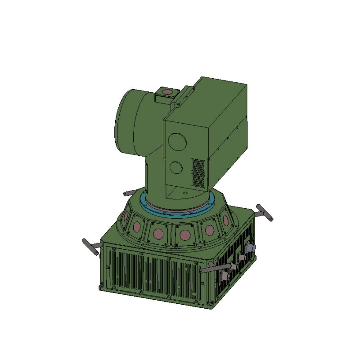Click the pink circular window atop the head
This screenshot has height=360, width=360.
point(166,92)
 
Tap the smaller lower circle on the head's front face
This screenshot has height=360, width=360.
point(176,168)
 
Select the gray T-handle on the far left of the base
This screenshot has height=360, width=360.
point(90,247)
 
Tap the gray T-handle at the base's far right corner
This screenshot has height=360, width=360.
point(265,212)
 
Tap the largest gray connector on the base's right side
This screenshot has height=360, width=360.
point(249,248)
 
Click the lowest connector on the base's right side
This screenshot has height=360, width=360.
point(224,275)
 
